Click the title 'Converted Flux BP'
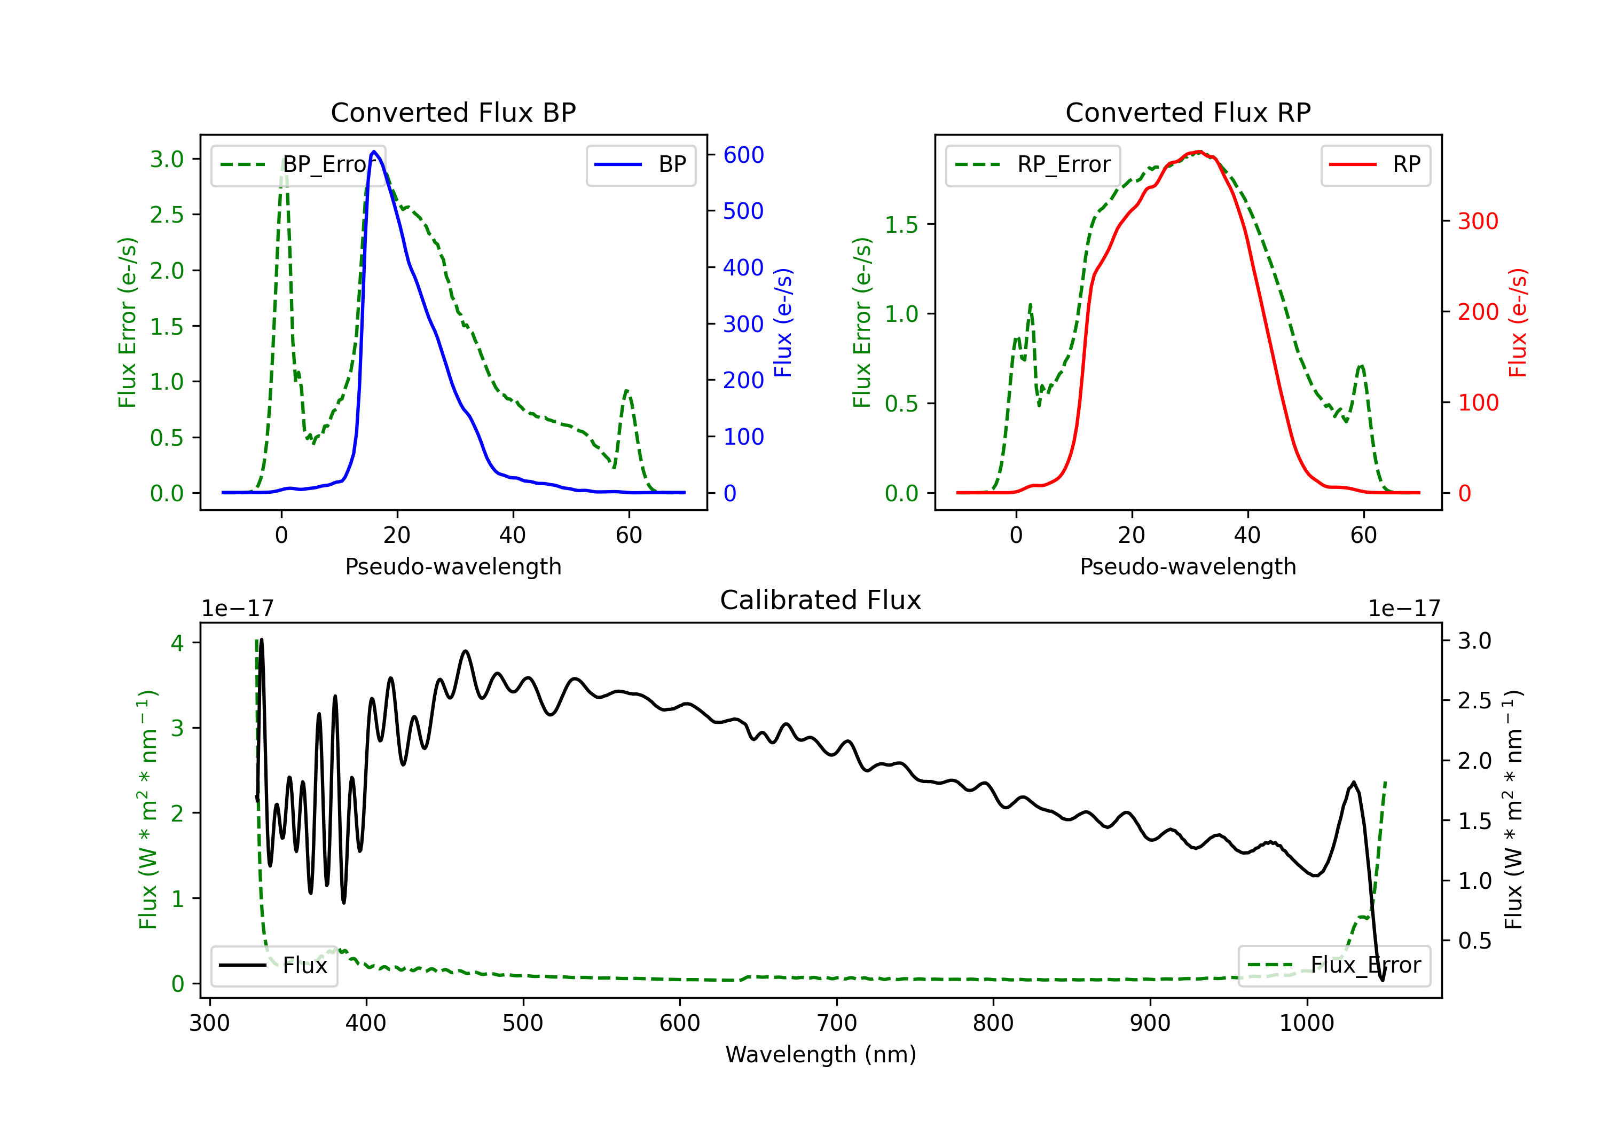[x=453, y=112]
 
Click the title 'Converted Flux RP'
[x=1188, y=112]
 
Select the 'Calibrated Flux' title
[x=821, y=600]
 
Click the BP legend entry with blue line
[x=640, y=164]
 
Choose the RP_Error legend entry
[x=1033, y=164]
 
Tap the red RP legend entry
[x=1375, y=164]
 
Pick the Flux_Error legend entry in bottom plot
[x=1334, y=966]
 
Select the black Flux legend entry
[x=273, y=966]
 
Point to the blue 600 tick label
[x=744, y=155]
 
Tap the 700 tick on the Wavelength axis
[x=837, y=1023]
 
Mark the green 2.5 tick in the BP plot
[x=168, y=215]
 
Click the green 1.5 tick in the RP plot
[x=902, y=225]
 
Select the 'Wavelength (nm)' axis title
[x=821, y=1054]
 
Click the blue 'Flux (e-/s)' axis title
[x=783, y=323]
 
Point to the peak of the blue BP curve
[x=374, y=152]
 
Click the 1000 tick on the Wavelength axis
[x=1307, y=1023]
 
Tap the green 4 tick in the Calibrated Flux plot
[x=177, y=643]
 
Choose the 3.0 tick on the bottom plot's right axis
[x=1475, y=641]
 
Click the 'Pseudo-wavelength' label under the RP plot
[x=1188, y=566]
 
